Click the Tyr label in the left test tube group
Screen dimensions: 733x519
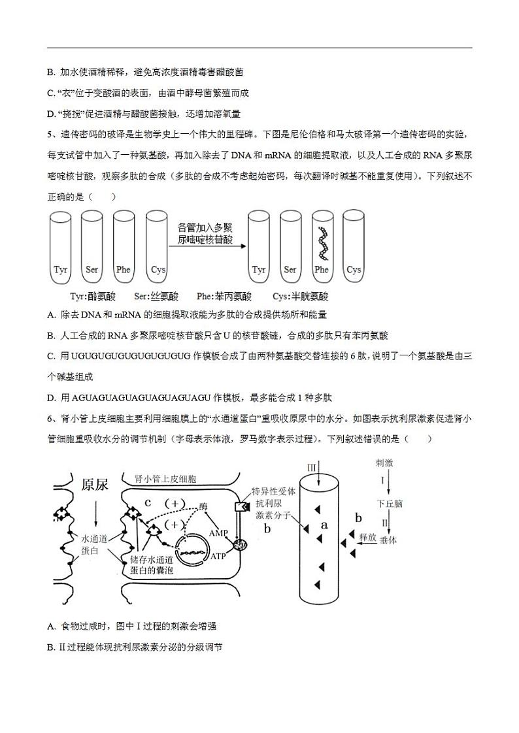pos(60,269)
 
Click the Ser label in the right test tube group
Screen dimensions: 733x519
pos(290,269)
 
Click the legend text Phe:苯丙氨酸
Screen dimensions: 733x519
pos(209,296)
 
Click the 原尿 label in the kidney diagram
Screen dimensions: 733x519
pos(94,485)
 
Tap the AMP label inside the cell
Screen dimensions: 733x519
pos(218,533)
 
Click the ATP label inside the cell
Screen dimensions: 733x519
pos(218,557)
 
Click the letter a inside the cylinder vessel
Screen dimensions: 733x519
pos(324,524)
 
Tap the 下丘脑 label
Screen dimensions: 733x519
pos(389,504)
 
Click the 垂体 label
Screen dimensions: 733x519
pos(388,540)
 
